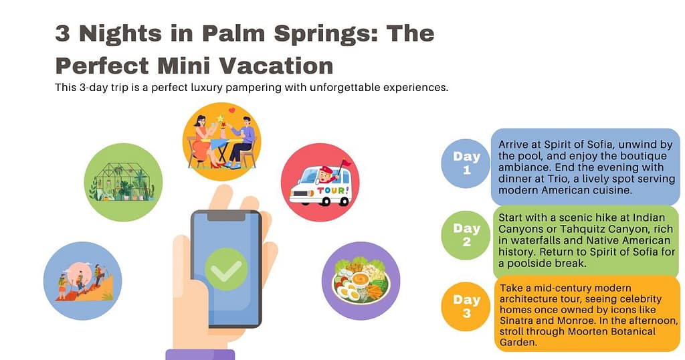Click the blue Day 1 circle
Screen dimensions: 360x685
[x=466, y=163]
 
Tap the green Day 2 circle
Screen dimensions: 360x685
[x=466, y=235]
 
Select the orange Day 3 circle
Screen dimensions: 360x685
[x=466, y=306]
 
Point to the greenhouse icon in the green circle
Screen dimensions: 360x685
[x=123, y=181]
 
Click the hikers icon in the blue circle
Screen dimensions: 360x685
[x=82, y=280]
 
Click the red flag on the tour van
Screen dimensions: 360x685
[x=345, y=163]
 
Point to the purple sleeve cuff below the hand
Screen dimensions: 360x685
[x=200, y=354]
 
